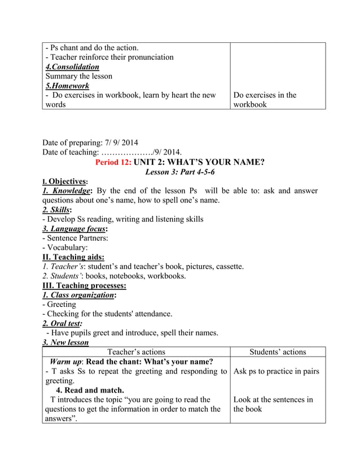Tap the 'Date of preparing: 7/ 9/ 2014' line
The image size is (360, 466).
90,142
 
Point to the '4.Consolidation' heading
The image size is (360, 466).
72,67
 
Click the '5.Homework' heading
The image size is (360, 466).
67,86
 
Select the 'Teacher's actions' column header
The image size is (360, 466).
136,352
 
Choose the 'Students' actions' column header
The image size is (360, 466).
278,352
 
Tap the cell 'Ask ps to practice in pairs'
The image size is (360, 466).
276,371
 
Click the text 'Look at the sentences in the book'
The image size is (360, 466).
273,404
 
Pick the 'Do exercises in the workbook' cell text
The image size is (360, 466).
265,100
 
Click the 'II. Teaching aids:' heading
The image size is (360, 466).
73,257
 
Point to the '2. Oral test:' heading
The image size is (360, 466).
62,323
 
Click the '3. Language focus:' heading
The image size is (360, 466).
75,228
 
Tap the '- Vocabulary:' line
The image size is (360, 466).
65,247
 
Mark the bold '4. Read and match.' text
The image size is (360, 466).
90,390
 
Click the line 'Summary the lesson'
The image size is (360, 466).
79,76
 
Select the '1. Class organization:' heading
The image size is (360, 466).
80,295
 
